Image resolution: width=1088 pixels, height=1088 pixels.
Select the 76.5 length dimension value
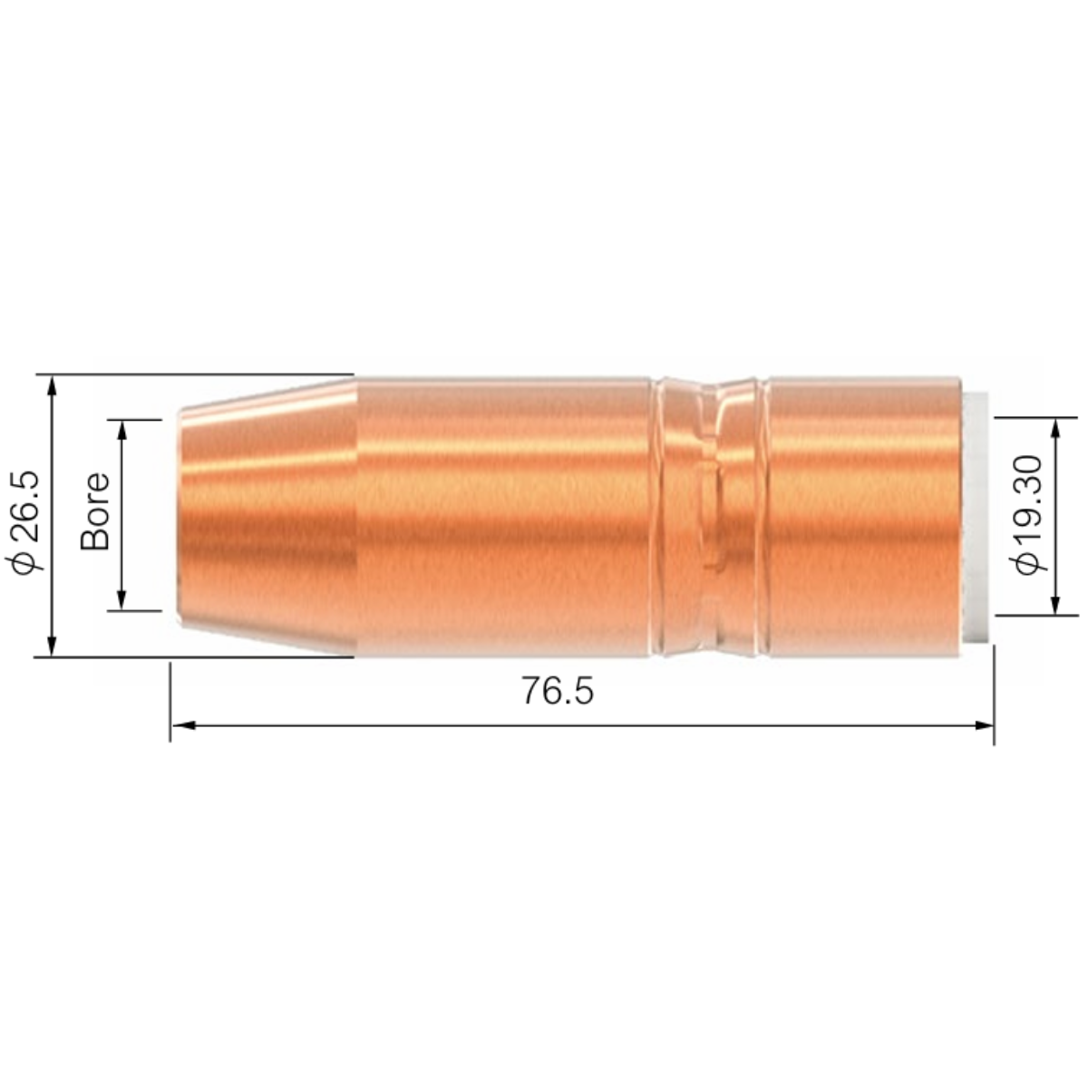pyautogui.click(x=558, y=691)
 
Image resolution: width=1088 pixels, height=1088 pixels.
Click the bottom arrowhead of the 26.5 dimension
pyautogui.click(x=52, y=646)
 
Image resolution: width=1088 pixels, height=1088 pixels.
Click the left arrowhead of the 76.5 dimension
pyautogui.click(x=183, y=725)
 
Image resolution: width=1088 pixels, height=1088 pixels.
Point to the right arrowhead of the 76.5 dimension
pyautogui.click(x=982, y=725)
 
